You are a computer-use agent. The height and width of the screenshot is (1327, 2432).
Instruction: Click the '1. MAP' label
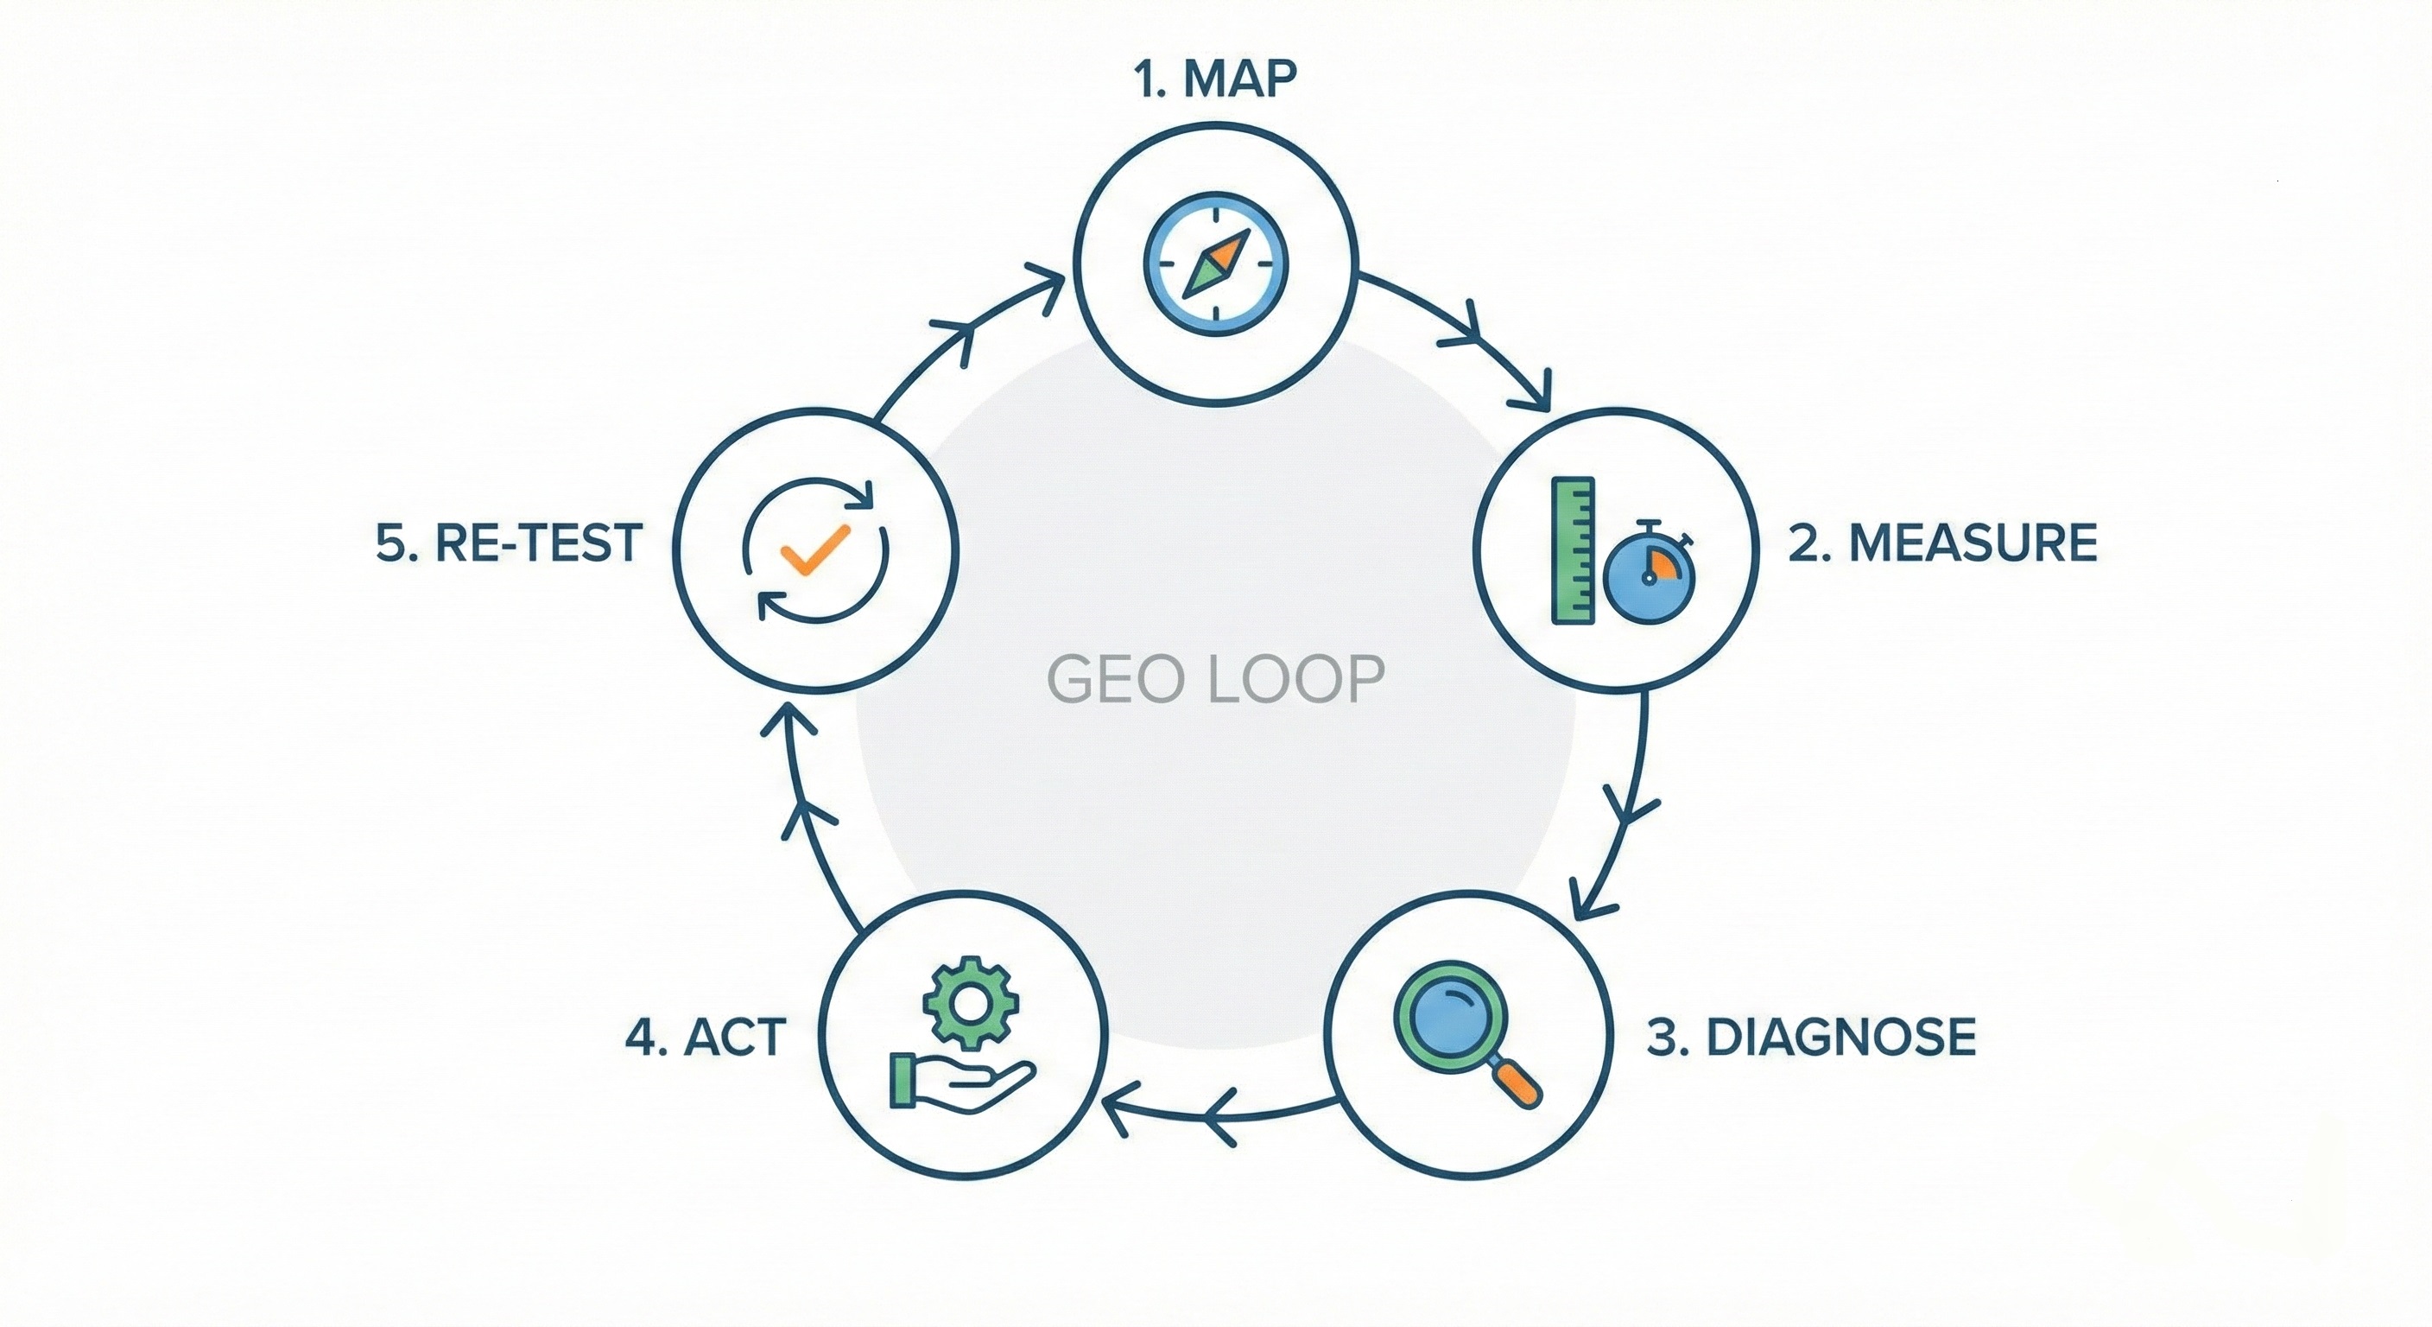[x=1215, y=79]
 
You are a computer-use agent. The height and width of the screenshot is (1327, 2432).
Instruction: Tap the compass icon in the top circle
[x=1216, y=263]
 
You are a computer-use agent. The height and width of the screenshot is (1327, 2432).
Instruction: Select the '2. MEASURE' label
[x=1943, y=543]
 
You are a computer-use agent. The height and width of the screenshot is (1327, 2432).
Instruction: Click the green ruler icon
[x=1573, y=550]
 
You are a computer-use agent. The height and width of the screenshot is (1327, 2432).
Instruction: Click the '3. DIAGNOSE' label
[x=1812, y=1037]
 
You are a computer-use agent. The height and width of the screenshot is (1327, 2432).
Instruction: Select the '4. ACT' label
[x=706, y=1037]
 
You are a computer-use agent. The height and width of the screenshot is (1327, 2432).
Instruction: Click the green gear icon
[x=971, y=1002]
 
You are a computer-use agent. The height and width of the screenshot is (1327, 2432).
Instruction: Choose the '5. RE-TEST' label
[x=510, y=543]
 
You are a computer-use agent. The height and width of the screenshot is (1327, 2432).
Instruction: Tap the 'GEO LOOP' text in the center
[x=1215, y=679]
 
